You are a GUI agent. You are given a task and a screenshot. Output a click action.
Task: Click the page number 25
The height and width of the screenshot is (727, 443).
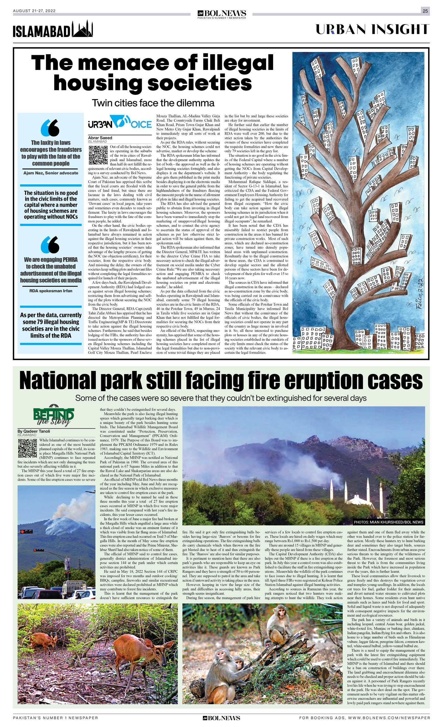[x=425, y=11]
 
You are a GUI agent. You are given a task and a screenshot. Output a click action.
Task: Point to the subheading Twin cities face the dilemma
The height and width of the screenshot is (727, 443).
[x=153, y=103]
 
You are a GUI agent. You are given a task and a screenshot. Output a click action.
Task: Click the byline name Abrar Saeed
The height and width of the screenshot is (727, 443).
[x=100, y=138]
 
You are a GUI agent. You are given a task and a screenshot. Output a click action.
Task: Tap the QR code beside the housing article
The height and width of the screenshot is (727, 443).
[x=98, y=155]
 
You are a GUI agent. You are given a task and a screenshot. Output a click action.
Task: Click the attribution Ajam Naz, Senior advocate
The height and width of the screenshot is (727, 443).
[x=51, y=173]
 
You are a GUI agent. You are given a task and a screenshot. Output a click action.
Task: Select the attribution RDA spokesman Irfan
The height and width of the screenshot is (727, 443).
[x=51, y=291]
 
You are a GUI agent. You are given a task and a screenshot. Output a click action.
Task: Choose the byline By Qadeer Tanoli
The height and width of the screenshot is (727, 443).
[x=34, y=431]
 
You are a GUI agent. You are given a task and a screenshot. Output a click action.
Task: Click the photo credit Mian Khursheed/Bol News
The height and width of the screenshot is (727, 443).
[x=389, y=522]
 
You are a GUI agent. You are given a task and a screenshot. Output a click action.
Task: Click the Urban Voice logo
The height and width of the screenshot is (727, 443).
[x=120, y=122]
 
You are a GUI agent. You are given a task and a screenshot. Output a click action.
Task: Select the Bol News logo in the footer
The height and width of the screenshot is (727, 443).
[x=221, y=718]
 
